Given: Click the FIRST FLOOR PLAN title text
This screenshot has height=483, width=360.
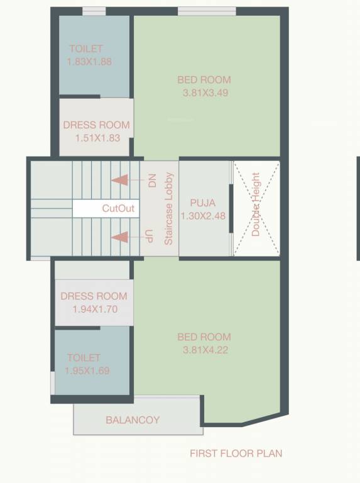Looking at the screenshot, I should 236,453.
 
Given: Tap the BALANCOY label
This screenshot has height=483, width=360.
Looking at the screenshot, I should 133,419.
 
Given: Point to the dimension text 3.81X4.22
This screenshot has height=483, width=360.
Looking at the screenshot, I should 204,349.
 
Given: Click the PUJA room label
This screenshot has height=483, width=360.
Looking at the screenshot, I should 202,203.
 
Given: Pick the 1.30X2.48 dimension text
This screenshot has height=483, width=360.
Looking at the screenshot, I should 202,216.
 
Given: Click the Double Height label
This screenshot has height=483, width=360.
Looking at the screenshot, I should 256,204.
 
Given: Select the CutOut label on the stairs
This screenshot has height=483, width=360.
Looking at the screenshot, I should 119,208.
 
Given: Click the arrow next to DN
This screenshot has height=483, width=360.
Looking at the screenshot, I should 128,180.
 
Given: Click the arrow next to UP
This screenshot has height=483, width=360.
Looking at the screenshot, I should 128,237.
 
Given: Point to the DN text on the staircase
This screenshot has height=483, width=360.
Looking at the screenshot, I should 151,181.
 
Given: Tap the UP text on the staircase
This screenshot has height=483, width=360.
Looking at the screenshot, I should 149,237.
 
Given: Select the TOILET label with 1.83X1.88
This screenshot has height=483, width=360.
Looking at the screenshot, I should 86,48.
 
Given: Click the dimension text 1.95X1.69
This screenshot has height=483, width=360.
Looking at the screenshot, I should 87,370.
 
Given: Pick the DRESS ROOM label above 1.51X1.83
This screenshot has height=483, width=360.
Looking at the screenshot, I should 96,125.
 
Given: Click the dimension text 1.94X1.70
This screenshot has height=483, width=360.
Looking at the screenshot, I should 94,309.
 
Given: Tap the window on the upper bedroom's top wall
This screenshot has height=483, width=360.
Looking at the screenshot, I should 207,11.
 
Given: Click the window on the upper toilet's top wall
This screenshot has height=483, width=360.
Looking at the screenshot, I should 94,11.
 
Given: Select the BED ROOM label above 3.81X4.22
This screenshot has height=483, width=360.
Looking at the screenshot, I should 204,336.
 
